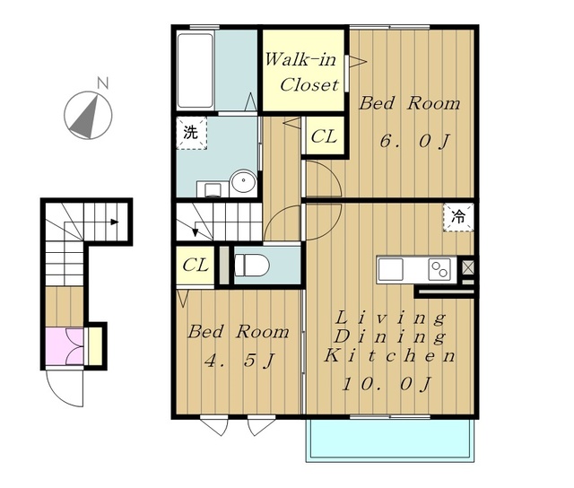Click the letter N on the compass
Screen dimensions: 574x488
click(103, 83)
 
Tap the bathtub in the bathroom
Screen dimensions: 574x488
click(196, 70)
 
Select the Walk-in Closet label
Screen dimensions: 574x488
click(301, 72)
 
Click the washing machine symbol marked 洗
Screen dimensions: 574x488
click(191, 133)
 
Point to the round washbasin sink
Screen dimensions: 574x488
click(243, 180)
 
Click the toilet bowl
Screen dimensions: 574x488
click(251, 265)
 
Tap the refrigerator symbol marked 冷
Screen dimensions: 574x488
click(458, 217)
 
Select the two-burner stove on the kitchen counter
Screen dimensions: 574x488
click(439, 270)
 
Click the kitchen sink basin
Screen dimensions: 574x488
click(391, 269)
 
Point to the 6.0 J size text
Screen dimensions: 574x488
click(414, 141)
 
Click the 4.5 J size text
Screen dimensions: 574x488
click(239, 361)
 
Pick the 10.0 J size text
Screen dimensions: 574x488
click(387, 384)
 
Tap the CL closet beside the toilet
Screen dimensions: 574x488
click(196, 265)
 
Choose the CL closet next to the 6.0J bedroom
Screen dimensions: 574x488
click(325, 136)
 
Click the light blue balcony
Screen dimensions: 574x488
click(390, 440)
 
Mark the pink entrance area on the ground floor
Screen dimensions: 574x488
click(65, 346)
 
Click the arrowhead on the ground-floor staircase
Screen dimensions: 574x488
click(115, 222)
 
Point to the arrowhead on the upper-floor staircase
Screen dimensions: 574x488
click(196, 232)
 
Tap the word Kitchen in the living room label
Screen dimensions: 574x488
click(389, 355)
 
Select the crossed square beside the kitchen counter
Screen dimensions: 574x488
click(467, 267)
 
